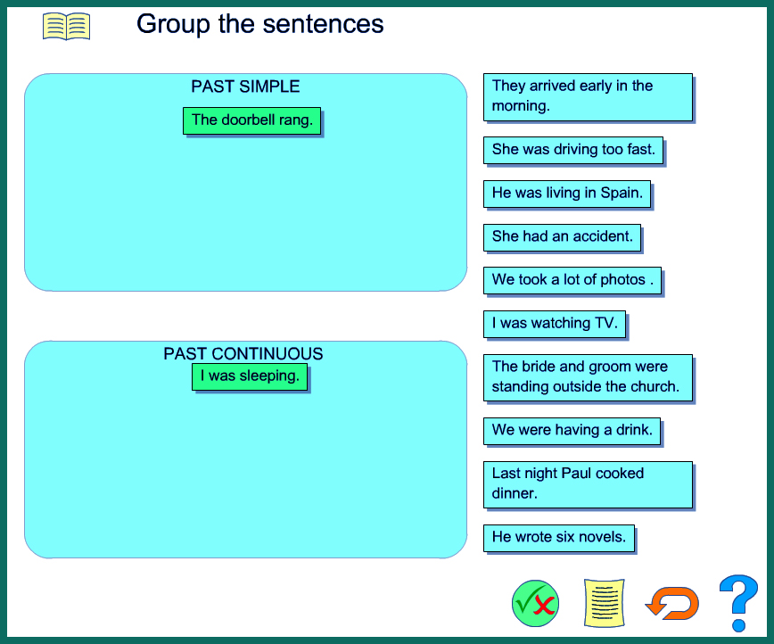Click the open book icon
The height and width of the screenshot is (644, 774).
66,26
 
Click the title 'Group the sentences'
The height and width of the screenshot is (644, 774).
259,24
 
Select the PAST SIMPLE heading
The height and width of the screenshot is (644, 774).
245,87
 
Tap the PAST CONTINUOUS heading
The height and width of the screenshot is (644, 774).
243,353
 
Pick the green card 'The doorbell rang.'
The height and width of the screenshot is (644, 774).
251,120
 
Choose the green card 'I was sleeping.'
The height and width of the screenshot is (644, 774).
250,376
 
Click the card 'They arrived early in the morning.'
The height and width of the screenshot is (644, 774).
588,96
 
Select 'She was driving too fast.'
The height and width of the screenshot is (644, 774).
572,150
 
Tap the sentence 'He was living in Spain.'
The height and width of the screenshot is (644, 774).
566,193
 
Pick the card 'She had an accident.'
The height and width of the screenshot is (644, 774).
562,236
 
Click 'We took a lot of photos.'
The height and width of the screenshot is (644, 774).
572,280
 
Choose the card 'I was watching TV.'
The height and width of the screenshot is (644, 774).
554,323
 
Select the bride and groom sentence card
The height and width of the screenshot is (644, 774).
588,377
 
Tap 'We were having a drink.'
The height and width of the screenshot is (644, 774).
572,430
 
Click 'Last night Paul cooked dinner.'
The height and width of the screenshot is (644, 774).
588,483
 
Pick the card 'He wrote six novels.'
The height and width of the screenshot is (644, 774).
558,538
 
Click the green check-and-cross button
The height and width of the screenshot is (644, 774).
535,603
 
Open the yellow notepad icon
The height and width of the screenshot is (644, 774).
604,603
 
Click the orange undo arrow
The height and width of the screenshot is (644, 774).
671,603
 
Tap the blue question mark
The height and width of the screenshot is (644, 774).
738,602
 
